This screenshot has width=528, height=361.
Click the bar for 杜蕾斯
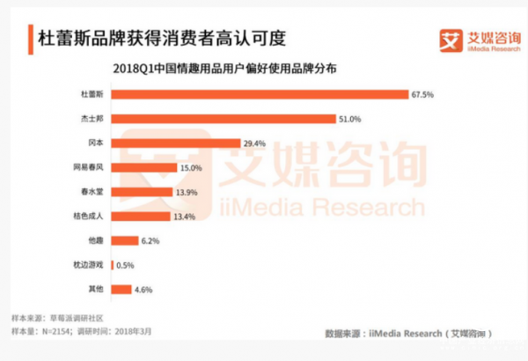(x=260, y=93)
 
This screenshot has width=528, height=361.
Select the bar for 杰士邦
(x=225, y=118)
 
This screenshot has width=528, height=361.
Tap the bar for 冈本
(x=176, y=143)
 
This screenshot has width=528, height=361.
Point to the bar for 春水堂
(x=140, y=191)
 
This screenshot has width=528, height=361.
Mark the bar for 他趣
(x=124, y=240)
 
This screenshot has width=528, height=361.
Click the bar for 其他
(x=121, y=289)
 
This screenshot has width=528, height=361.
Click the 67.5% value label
(x=422, y=94)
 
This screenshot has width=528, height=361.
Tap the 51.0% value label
(x=350, y=119)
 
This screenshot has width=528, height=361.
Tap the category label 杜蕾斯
(x=92, y=94)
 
